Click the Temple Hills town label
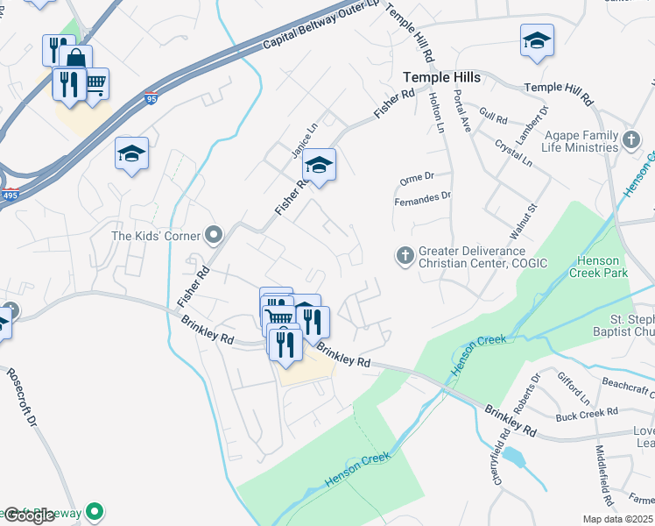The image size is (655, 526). [441, 78]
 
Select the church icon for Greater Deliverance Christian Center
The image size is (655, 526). [405, 255]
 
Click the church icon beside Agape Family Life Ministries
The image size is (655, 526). [630, 139]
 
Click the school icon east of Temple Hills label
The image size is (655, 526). [537, 40]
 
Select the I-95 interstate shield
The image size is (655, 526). [151, 97]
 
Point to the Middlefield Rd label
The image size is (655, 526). [602, 468]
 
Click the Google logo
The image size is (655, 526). [28, 515]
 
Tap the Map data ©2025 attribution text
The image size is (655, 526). [617, 519]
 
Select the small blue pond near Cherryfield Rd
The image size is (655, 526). [513, 457]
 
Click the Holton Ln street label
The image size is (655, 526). [437, 115]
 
